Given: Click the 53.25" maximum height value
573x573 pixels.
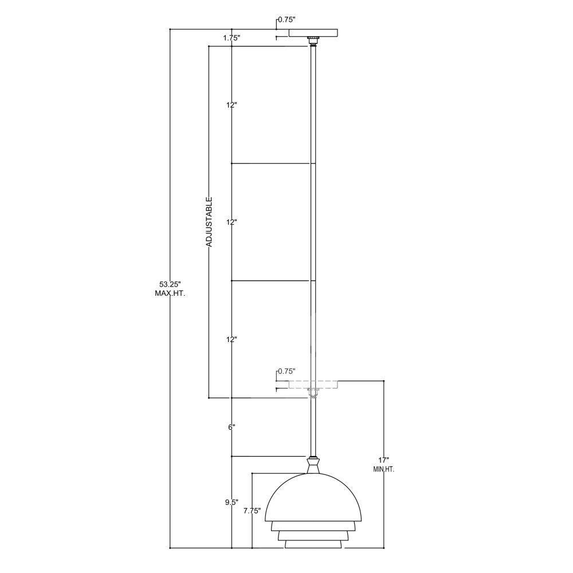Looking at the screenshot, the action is [x=170, y=284].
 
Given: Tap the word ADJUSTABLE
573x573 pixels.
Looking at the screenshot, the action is [x=209, y=222].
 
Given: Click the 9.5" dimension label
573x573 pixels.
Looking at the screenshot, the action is [x=231, y=502].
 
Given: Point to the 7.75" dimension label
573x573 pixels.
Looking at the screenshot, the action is [x=252, y=511].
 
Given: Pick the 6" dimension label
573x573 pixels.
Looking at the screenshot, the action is [x=231, y=427].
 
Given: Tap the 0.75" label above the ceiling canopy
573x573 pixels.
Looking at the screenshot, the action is [x=286, y=19].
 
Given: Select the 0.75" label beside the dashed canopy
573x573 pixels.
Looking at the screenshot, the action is [x=286, y=371].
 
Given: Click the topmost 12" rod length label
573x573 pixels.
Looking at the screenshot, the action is [x=231, y=105].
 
